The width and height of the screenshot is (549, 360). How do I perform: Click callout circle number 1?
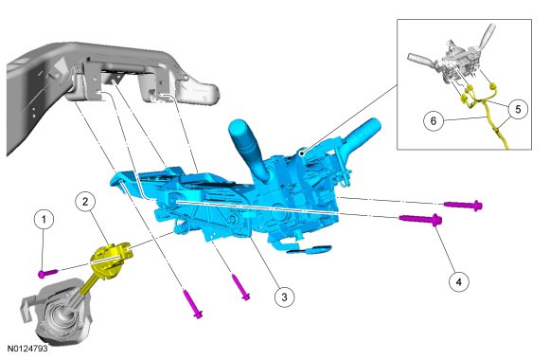tap(44, 220)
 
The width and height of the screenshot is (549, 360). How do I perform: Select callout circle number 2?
tap(85, 201)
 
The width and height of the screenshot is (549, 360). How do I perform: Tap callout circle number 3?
tap(284, 297)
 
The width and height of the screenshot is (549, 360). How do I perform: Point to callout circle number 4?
tap(459, 281)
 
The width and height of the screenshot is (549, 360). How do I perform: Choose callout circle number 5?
tap(518, 109)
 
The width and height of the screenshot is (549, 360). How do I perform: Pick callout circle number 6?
tap(434, 121)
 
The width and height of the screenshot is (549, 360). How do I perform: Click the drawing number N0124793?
tap(27, 349)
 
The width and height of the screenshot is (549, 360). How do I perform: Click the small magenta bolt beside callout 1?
tap(47, 273)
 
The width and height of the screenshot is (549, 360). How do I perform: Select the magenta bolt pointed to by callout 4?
tap(420, 219)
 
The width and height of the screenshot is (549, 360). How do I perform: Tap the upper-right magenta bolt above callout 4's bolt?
tap(463, 205)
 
